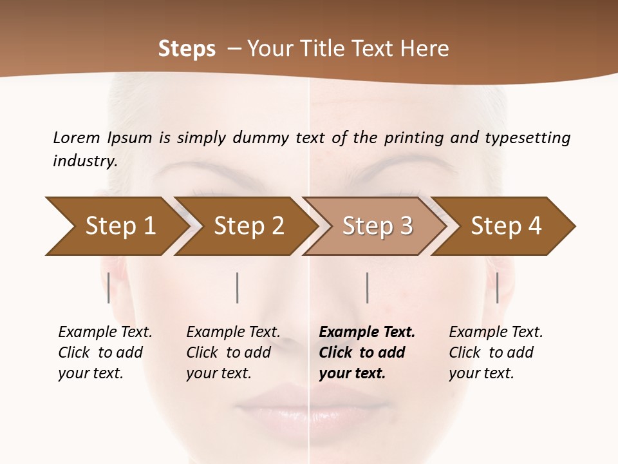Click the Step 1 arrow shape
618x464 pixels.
(116, 226)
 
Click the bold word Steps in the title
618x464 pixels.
(187, 48)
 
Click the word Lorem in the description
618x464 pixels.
(77, 137)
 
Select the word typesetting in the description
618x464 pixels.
(527, 137)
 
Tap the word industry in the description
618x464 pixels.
(84, 160)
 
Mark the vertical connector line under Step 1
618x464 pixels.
(109, 287)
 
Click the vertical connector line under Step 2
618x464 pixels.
(238, 287)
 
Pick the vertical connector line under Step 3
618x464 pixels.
(367, 287)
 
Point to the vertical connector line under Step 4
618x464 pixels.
(497, 287)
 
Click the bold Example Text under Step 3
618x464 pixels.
(367, 333)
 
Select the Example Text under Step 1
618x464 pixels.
(105, 333)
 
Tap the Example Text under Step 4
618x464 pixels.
(496, 333)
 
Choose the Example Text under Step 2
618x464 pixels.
(233, 333)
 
